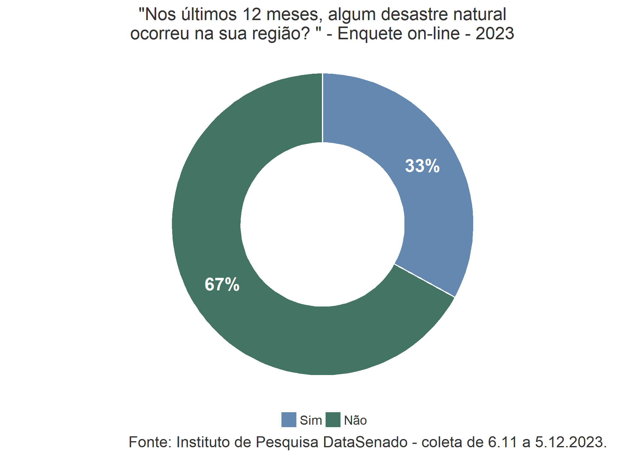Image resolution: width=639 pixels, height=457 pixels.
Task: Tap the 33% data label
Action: [422, 166]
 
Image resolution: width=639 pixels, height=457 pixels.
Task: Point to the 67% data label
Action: [222, 285]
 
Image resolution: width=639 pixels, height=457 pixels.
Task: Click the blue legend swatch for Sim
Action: [289, 420]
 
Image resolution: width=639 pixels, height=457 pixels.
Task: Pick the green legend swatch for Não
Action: [333, 420]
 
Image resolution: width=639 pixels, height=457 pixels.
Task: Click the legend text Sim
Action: [311, 420]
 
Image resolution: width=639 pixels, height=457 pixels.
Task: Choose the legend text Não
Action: [355, 420]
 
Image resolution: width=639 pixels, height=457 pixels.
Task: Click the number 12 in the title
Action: [252, 14]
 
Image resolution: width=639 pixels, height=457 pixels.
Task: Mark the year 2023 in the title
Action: [495, 34]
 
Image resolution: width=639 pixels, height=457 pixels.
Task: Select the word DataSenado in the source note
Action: [365, 442]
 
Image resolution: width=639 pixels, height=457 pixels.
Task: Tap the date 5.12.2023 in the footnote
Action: [571, 442]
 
